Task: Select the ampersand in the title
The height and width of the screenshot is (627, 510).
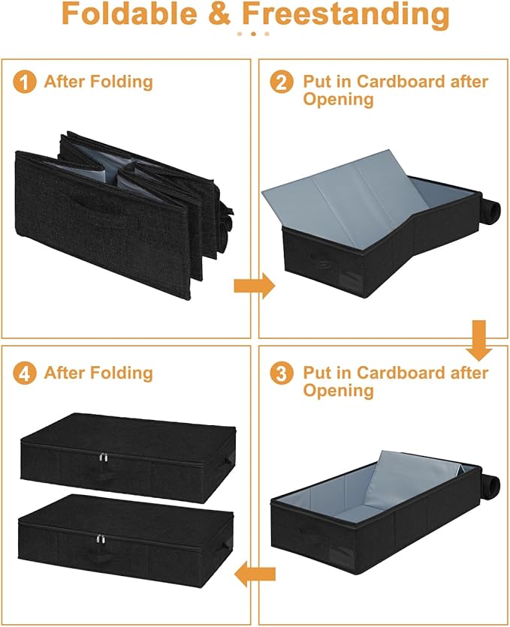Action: (222, 15)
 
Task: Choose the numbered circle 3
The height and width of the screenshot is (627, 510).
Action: (282, 373)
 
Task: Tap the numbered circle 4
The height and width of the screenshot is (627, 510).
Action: (25, 373)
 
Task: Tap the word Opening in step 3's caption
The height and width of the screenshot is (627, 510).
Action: (338, 391)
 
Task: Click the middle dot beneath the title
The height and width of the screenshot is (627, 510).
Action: (254, 34)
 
